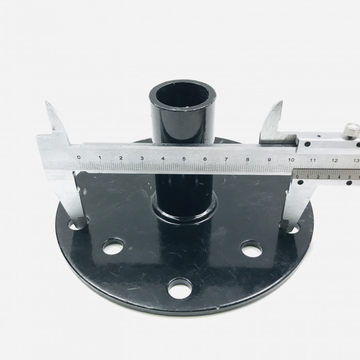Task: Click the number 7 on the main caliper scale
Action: click(x=226, y=159)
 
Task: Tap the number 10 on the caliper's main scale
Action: click(x=291, y=160)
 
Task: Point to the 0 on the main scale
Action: click(x=79, y=157)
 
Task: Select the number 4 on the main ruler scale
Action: click(x=163, y=159)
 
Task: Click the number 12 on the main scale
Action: click(x=335, y=160)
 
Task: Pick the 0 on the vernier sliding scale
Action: click(x=297, y=177)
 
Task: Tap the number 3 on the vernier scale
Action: click(x=328, y=177)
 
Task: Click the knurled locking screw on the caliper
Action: click(x=351, y=130)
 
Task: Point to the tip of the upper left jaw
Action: click(x=46, y=102)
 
